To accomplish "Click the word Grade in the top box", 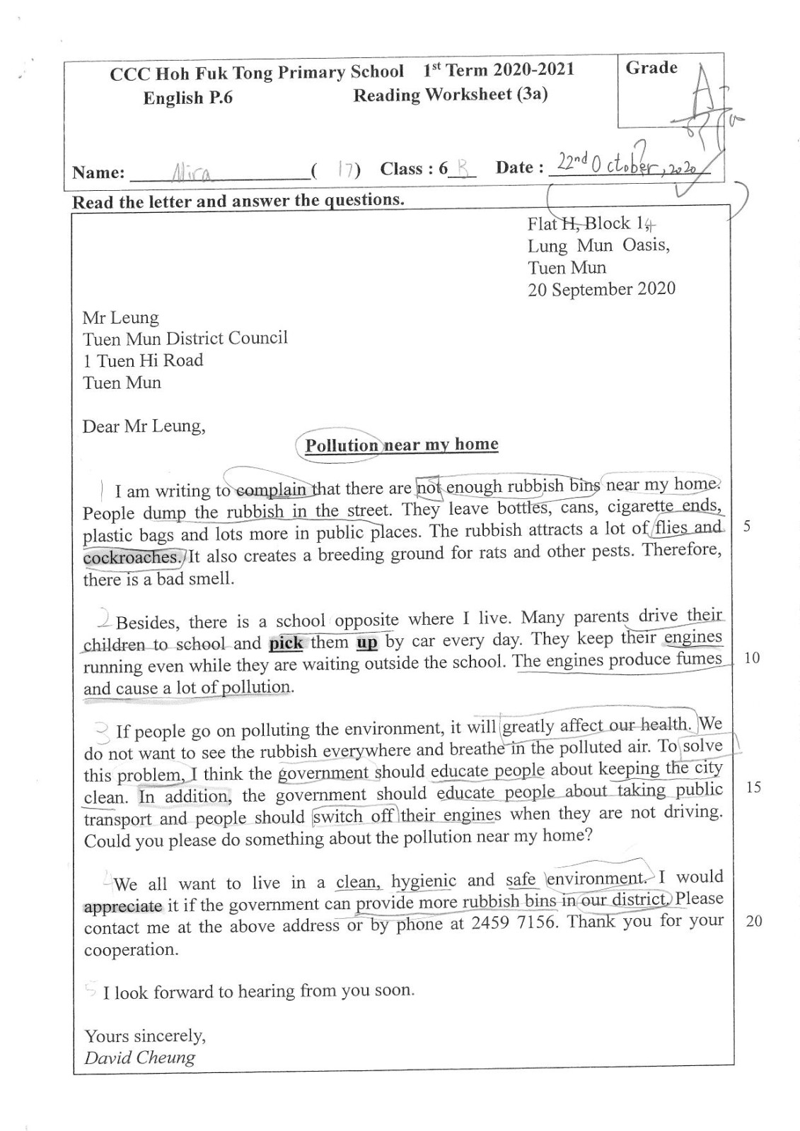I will click(651, 69).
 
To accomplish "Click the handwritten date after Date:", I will click(625, 166).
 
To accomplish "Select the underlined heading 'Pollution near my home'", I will click(401, 445).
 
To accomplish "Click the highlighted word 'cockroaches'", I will click(132, 557).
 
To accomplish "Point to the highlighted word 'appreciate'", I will click(123, 906).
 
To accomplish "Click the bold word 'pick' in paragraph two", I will click(286, 643).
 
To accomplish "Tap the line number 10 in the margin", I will click(752, 658).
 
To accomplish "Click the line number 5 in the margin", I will click(747, 527).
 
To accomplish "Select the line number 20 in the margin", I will click(754, 921).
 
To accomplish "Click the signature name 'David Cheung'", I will click(139, 1057).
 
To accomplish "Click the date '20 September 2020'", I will click(601, 290).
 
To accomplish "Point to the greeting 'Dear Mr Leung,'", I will click(144, 426).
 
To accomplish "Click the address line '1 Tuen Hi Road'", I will click(143, 361).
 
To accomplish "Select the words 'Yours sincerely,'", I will click(145, 1036).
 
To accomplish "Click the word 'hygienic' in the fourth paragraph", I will click(424, 881).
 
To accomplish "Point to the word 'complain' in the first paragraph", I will click(271, 489).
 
